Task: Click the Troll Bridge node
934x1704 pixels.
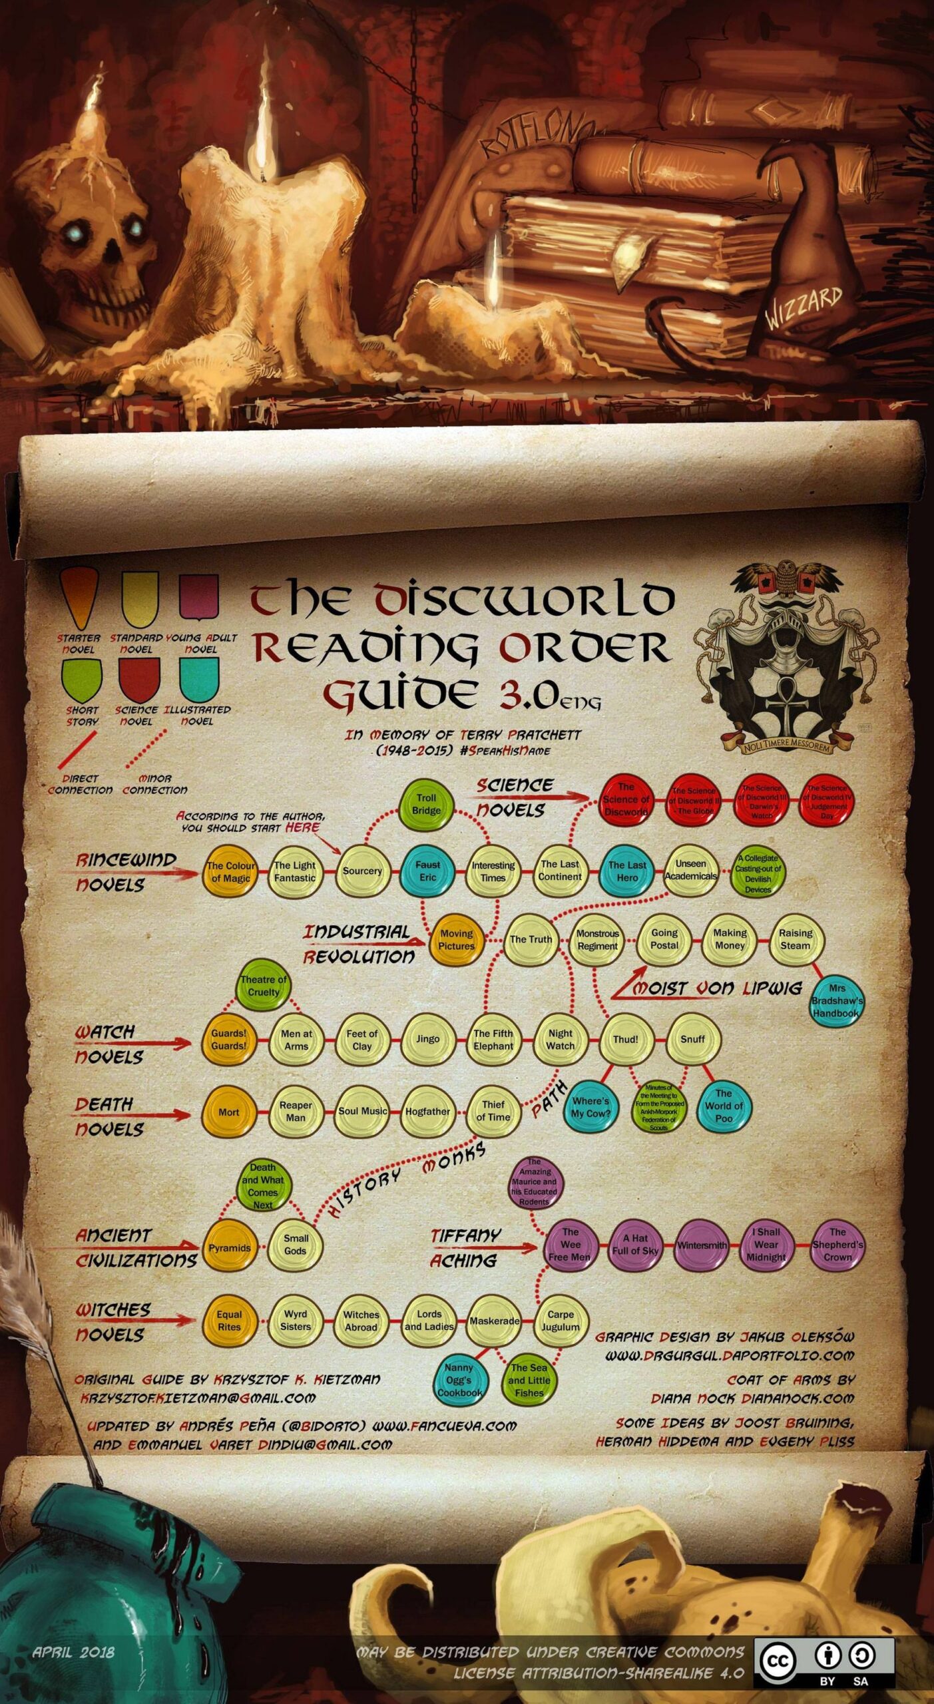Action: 426,804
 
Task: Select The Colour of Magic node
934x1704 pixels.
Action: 230,871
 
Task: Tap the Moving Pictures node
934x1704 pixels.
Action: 457,939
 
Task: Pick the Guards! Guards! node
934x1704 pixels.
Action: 229,1039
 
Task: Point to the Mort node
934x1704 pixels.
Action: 228,1112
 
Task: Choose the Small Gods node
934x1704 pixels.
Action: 296,1244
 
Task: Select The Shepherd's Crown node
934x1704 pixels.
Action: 837,1245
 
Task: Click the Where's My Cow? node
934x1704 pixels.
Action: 590,1106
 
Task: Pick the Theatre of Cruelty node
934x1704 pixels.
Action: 264,986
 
